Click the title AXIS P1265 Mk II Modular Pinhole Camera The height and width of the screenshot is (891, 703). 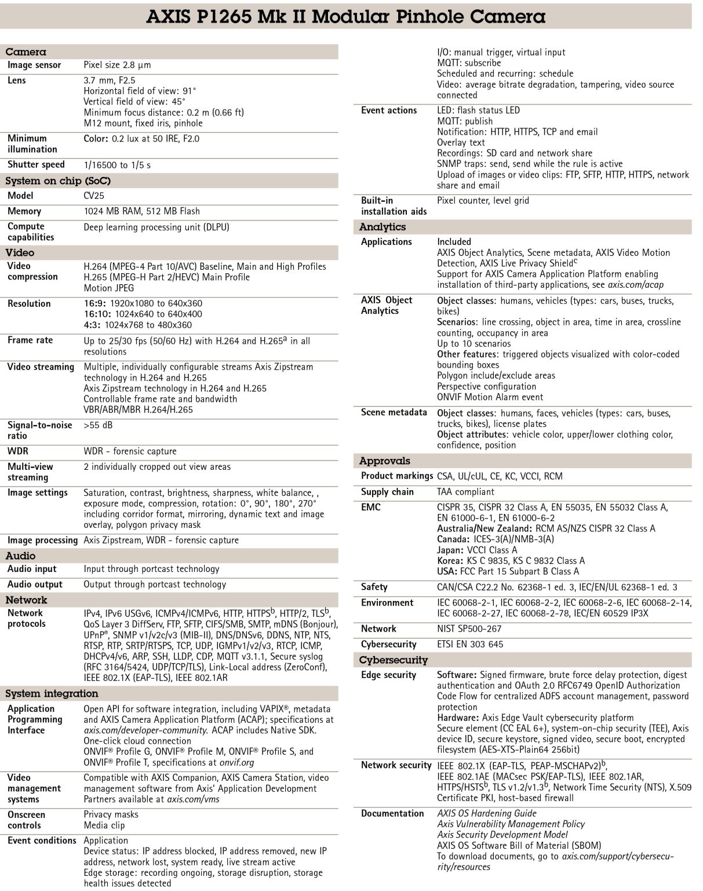coord(345,16)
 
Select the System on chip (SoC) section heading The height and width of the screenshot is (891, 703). coord(57,181)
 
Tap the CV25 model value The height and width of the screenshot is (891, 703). coord(94,196)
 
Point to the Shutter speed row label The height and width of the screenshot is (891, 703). coord(36,165)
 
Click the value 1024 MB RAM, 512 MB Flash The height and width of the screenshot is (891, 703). coord(141,212)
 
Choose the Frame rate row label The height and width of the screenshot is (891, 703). coord(30,341)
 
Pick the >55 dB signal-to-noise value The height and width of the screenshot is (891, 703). coord(98,425)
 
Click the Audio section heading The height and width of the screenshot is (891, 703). coord(21,556)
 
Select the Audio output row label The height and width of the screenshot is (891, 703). coord(35,585)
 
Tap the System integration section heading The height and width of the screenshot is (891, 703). coord(52,694)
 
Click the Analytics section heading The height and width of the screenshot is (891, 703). coord(383,227)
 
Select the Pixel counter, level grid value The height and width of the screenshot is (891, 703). coord(482,201)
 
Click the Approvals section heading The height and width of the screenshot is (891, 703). coord(384,461)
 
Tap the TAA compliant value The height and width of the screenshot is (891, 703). coord(465,492)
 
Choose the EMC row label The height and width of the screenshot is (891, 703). coord(371,508)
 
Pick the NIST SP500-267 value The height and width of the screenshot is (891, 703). coord(469,629)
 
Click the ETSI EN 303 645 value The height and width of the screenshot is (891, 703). coord(470,644)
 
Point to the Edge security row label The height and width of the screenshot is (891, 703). coord(388,675)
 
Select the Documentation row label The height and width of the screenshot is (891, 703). coord(392,814)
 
